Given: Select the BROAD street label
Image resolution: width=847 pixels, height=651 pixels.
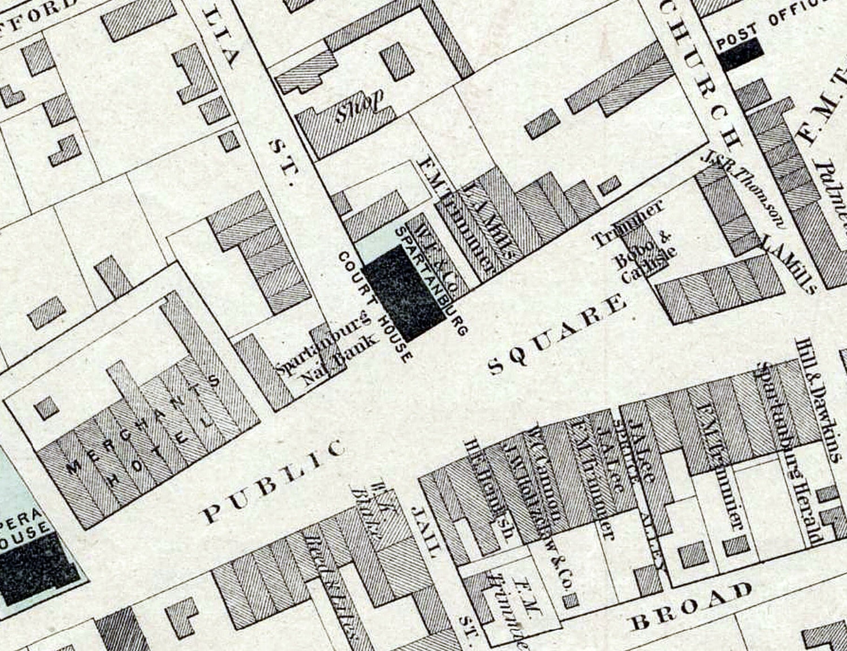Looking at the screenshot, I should [692, 607].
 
